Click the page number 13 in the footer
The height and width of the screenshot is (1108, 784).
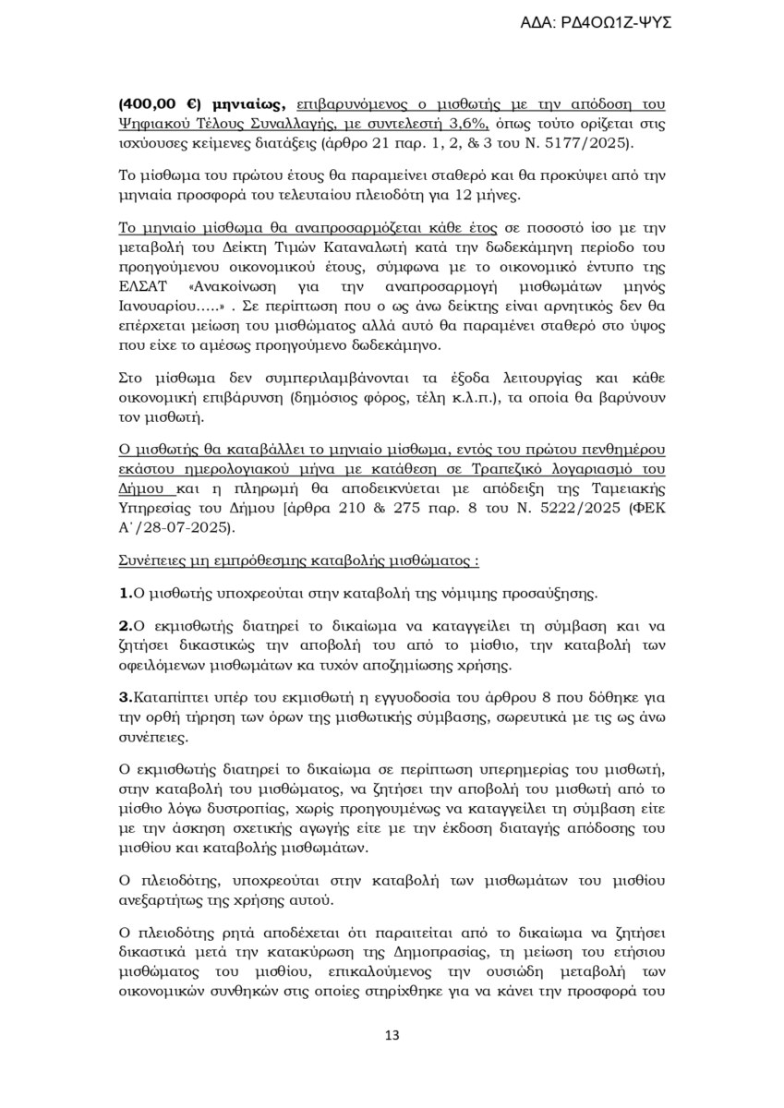(392, 1035)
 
